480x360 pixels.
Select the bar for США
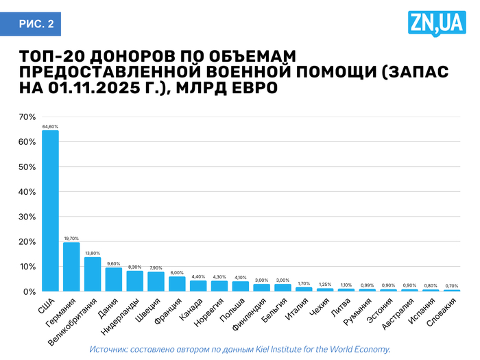[x=50, y=211]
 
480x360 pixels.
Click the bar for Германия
[x=71, y=267]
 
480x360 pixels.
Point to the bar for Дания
[x=114, y=279]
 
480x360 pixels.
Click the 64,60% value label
[x=50, y=127]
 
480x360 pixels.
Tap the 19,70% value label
[x=71, y=239]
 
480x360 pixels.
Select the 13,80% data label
[x=93, y=253]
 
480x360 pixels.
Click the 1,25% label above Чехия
[x=325, y=285]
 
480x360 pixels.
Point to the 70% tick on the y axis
[x=27, y=117]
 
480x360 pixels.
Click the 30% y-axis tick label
[x=27, y=217]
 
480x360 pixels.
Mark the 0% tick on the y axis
[x=29, y=291]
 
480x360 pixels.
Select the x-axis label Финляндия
[x=248, y=314]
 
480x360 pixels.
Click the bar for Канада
[x=198, y=286]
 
